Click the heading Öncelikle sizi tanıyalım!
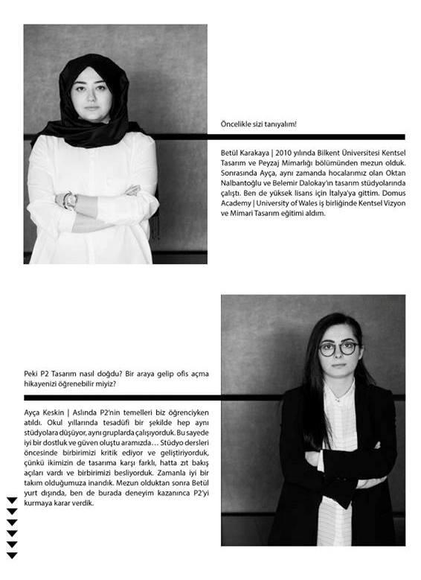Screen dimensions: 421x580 pos(259,124)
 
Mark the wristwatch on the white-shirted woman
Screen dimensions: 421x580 pos(69,200)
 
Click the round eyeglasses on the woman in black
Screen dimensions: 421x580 pos(338,348)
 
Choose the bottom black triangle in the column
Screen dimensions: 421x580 pos(12,555)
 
